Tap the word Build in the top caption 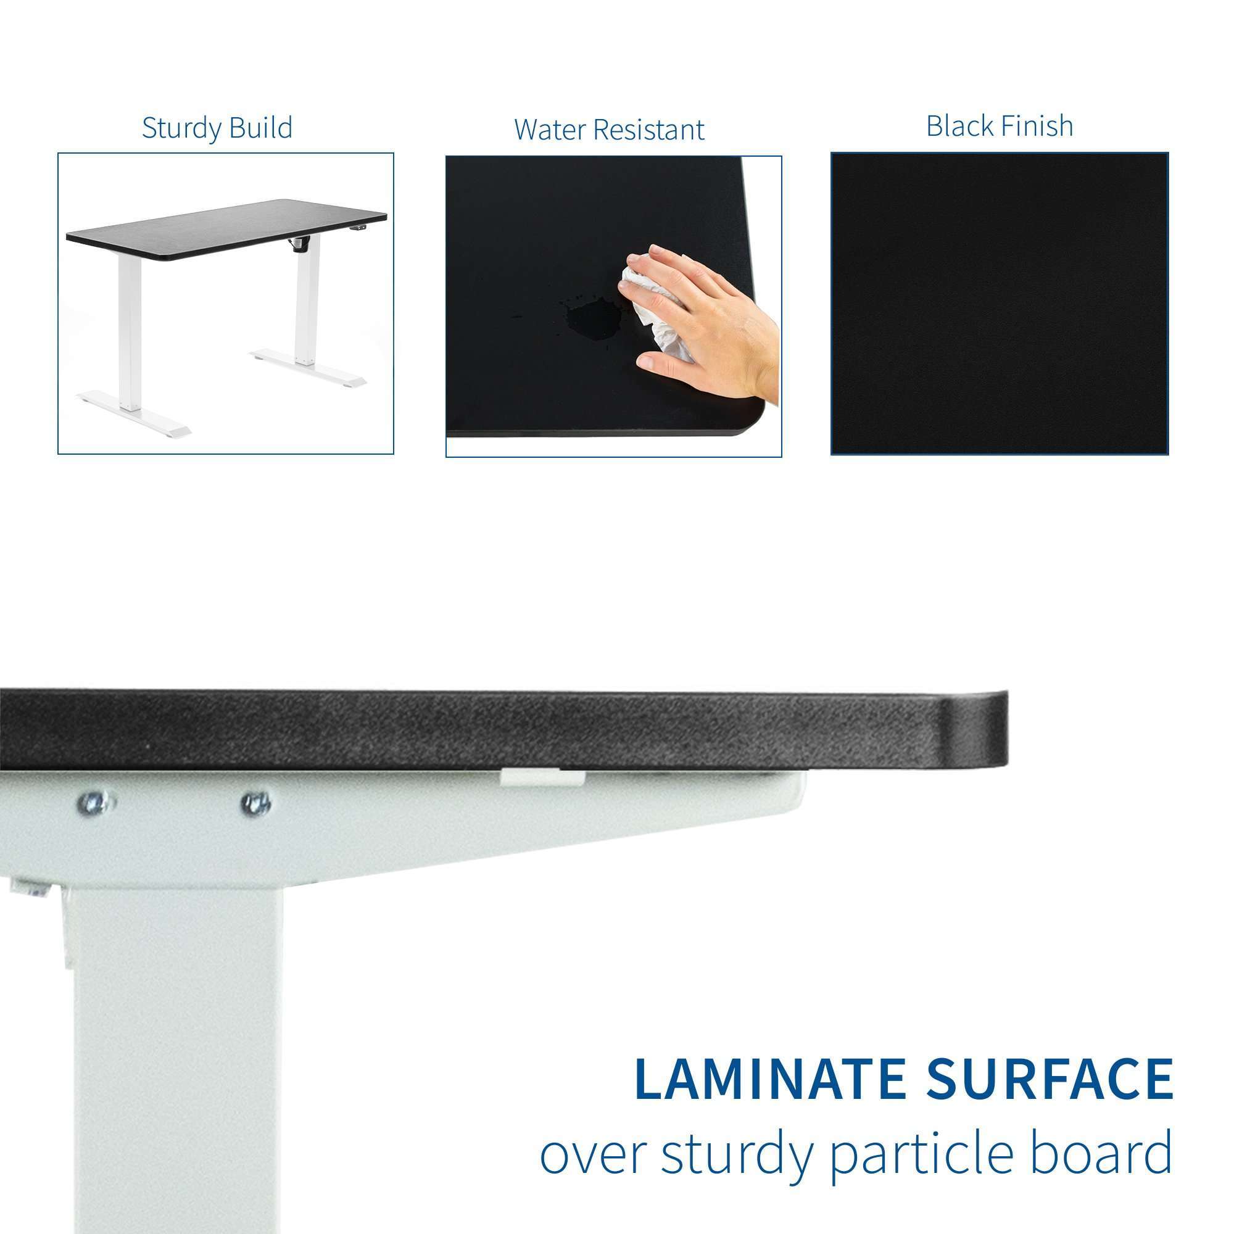(260, 127)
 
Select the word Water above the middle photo (550, 130)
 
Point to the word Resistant (649, 130)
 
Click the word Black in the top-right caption (959, 126)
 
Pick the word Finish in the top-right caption (1037, 126)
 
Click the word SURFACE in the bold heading (1051, 1079)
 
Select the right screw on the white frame (256, 803)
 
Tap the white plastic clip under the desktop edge (543, 777)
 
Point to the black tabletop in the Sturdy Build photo (226, 229)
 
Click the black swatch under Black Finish (1000, 304)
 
